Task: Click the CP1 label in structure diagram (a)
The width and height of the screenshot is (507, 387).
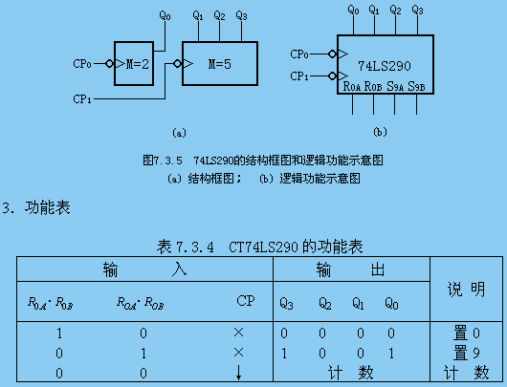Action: tap(84, 98)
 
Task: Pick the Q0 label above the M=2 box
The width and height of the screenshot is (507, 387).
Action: tap(165, 15)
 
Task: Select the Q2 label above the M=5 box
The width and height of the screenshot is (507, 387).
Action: tap(220, 15)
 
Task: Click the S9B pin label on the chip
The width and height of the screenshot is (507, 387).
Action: tap(417, 87)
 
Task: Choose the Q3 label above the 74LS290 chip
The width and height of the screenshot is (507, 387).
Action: tap(417, 11)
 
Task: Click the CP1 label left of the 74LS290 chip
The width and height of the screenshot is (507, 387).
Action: tap(299, 75)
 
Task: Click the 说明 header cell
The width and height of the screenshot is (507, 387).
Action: tap(467, 289)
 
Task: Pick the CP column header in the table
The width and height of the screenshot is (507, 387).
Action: tap(245, 302)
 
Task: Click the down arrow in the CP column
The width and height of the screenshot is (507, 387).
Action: tap(238, 372)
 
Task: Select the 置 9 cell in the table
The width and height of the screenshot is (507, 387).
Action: tap(468, 353)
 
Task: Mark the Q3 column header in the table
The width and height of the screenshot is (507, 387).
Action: tap(286, 305)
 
